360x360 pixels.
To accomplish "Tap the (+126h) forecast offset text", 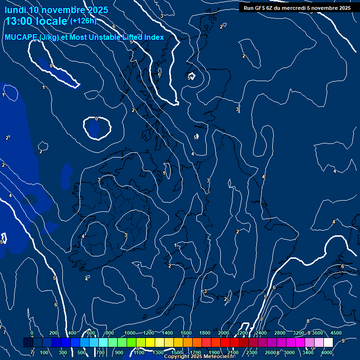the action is (x=83, y=21).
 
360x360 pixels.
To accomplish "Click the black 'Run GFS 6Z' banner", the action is (x=295, y=8).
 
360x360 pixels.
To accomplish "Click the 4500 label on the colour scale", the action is (x=336, y=333).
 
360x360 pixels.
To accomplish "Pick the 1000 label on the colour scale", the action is (x=129, y=333).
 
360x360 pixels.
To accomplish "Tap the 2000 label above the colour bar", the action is (x=224, y=333).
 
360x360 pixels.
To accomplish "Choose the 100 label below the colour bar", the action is (x=45, y=352).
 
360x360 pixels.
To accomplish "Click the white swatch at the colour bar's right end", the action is (x=328, y=343).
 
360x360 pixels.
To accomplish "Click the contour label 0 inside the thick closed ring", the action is (x=97, y=119).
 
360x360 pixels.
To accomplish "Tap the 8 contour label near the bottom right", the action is (x=308, y=321).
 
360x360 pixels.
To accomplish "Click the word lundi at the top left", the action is (x=15, y=10).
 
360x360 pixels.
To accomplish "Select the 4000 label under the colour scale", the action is (x=327, y=352).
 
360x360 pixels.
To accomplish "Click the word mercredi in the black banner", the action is (x=297, y=8).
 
